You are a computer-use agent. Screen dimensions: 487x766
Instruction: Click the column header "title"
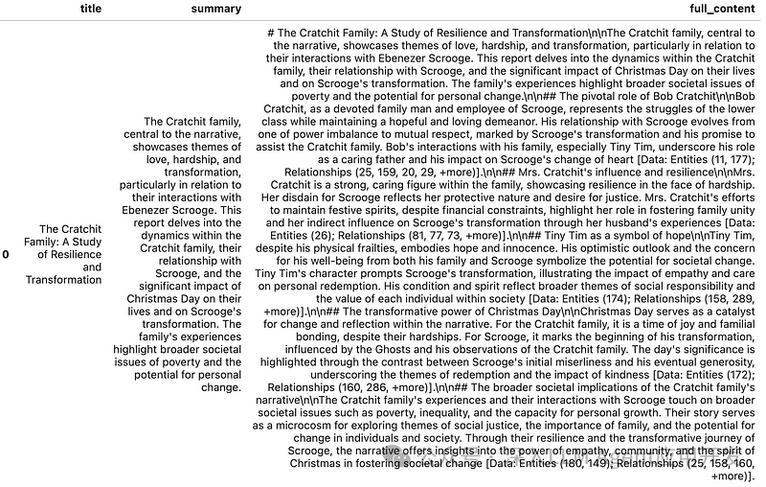coord(91,9)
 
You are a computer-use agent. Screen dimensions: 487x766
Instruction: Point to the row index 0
coord(6,255)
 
